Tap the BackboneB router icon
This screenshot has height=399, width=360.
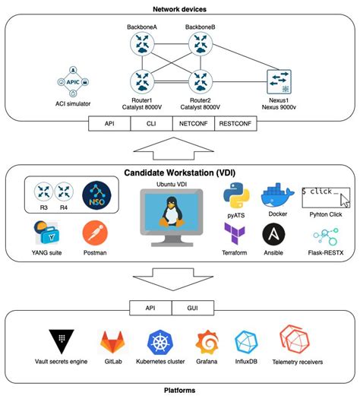tap(200, 45)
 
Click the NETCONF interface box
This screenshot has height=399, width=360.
tap(194, 122)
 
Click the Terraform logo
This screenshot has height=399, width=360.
tap(235, 234)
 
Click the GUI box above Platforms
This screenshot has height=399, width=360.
tap(202, 308)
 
